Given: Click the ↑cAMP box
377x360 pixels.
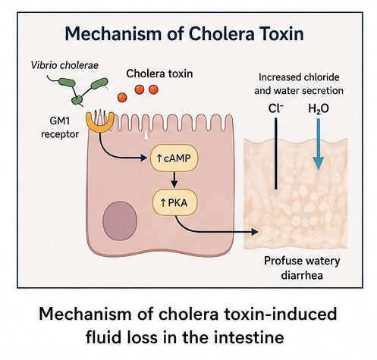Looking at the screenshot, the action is [x=174, y=158].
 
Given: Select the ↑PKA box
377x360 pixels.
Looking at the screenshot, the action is [x=174, y=202].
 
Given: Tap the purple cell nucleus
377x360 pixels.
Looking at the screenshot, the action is [x=120, y=221].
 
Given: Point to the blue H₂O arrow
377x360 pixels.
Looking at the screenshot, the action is [x=319, y=144].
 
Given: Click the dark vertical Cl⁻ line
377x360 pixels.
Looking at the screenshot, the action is [x=276, y=154].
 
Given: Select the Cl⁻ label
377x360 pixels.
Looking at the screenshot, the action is [x=276, y=108].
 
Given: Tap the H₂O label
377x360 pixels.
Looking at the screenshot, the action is [x=319, y=109].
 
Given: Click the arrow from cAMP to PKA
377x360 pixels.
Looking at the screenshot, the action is [x=174, y=180].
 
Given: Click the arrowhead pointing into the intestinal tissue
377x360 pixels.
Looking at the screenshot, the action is [x=255, y=231].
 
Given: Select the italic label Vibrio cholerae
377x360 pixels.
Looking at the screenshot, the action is [x=64, y=65].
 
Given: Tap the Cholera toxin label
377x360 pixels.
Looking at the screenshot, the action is [x=159, y=74].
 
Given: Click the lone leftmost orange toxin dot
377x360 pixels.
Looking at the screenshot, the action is [x=122, y=98].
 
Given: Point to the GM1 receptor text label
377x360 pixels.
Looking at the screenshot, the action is [x=60, y=127].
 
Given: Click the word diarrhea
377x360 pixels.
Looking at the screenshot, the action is [x=302, y=275].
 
